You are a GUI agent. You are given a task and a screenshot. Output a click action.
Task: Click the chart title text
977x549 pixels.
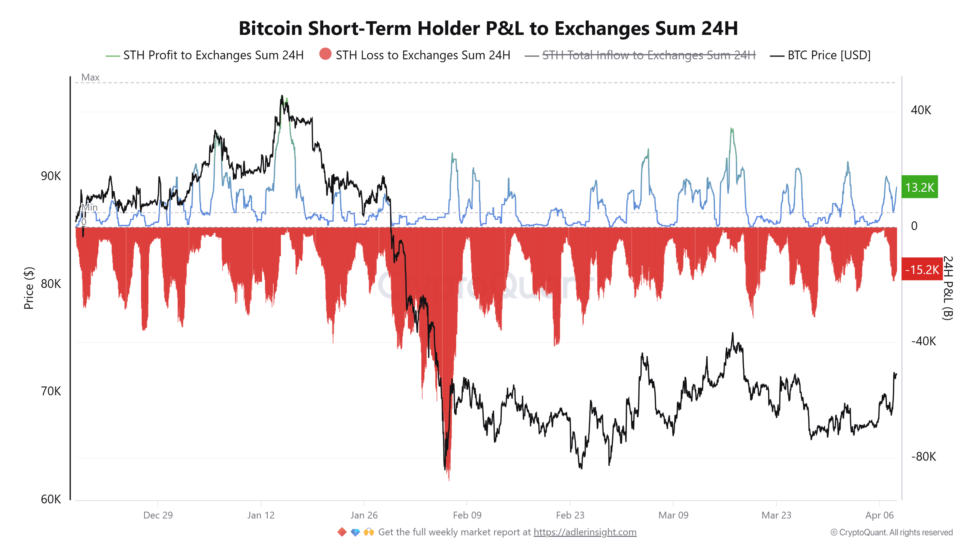click(x=488, y=28)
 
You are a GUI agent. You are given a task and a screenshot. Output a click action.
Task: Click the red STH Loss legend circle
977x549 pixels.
click(x=325, y=54)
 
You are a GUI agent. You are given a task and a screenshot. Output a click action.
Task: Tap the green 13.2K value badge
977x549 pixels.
click(x=919, y=187)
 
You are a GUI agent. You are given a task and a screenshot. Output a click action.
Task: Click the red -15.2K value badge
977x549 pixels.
click(x=922, y=270)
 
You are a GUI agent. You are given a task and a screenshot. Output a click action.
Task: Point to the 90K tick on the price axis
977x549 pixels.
click(x=51, y=176)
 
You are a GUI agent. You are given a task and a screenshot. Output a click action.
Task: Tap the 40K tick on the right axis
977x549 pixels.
click(x=921, y=110)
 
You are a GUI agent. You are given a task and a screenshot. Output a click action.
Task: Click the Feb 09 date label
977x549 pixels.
click(x=467, y=515)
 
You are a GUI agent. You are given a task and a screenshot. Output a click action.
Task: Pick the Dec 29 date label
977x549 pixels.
click(x=158, y=515)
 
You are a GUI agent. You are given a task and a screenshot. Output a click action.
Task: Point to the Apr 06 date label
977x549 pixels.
click(x=879, y=515)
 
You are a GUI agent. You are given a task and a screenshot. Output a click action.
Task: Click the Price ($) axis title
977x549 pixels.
click(x=29, y=288)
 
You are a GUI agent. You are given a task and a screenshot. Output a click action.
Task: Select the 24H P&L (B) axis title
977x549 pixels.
click(x=947, y=288)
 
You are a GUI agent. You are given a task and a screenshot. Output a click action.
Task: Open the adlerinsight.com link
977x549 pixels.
click(x=585, y=532)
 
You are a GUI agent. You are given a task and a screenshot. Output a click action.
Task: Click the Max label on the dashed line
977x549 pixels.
click(x=90, y=77)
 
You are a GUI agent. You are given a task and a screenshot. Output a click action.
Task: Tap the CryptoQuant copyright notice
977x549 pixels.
click(x=891, y=532)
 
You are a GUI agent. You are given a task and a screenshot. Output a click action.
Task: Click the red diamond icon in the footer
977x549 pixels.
click(x=342, y=532)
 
